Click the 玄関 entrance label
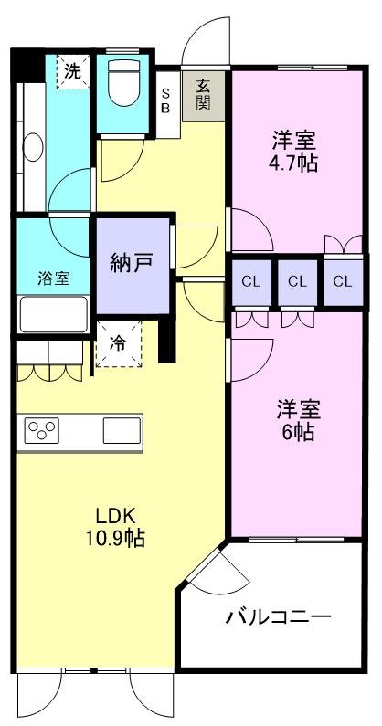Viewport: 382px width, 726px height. coord(203,94)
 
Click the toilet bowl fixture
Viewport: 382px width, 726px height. coord(121,87)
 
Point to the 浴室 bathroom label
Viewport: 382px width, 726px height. coord(52,278)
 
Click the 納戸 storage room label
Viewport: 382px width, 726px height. coord(133,262)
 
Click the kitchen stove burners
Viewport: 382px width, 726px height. coord(42,430)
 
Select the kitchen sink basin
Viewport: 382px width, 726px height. coord(121,428)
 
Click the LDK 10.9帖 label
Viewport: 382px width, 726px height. coord(109,527)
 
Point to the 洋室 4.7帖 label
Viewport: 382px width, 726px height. coord(293,153)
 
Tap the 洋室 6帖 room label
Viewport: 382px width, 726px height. coord(293,420)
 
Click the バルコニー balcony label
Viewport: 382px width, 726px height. coord(278,616)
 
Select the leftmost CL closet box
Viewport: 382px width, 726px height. coord(250,281)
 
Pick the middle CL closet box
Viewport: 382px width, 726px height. coord(296,281)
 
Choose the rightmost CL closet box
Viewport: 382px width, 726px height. coord(342,281)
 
